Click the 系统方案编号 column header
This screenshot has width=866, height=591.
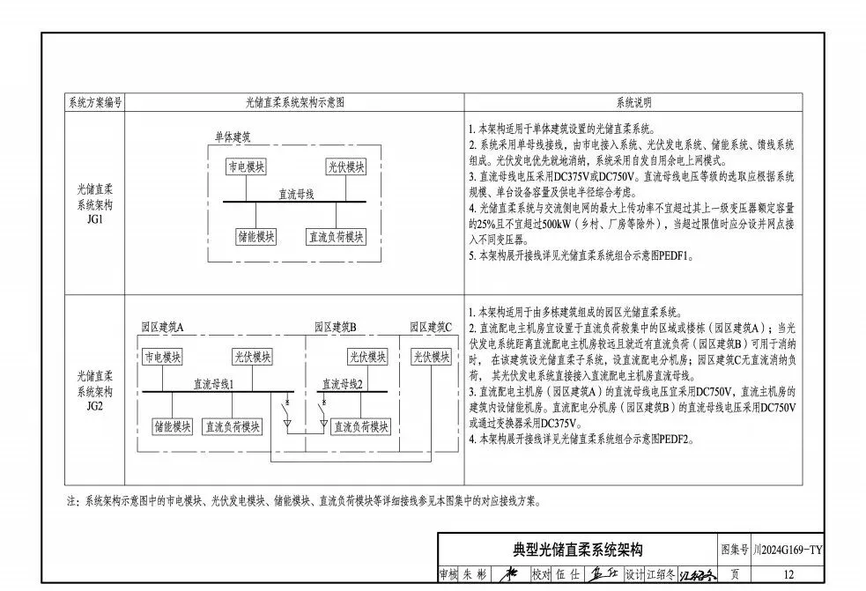tap(95, 102)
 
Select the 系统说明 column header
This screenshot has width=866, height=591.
tap(633, 102)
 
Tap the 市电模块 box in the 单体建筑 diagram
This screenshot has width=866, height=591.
tap(247, 166)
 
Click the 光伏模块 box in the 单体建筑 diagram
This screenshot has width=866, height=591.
tap(345, 166)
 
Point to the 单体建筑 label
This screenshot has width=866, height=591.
tap(233, 137)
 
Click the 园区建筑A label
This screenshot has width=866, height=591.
tap(163, 327)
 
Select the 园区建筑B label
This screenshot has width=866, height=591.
tap(336, 327)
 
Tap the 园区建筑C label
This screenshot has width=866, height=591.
tap(431, 327)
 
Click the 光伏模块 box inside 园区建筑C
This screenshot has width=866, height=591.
tap(431, 357)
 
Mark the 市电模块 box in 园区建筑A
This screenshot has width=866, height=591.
tap(163, 357)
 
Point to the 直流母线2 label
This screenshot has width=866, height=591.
tap(342, 384)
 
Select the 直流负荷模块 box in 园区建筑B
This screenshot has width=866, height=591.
tap(357, 426)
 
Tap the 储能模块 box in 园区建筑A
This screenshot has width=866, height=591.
tap(173, 426)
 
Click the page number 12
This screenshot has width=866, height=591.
tap(788, 574)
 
